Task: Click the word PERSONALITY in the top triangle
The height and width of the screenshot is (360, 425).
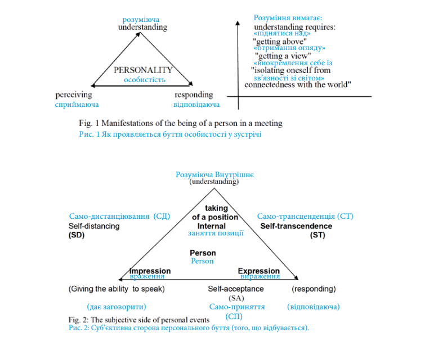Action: point(143,70)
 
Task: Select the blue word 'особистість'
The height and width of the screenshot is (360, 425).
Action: point(144,80)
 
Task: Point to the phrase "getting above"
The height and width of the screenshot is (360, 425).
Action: point(280,42)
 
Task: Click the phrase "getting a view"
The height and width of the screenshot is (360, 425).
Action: point(284,56)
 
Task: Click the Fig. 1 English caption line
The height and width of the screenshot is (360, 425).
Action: point(181,123)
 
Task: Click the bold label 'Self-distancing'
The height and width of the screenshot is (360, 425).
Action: point(94,226)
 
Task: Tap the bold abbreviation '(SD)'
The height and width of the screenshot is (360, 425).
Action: point(76,235)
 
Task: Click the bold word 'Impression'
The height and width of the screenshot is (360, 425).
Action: point(150,271)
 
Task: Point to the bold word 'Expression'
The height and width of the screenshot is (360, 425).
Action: point(259,271)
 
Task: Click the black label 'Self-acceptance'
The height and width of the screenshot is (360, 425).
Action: point(236,289)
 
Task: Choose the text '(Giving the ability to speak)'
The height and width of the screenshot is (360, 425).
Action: point(117,289)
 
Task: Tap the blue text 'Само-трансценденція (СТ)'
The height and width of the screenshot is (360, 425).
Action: point(305,217)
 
